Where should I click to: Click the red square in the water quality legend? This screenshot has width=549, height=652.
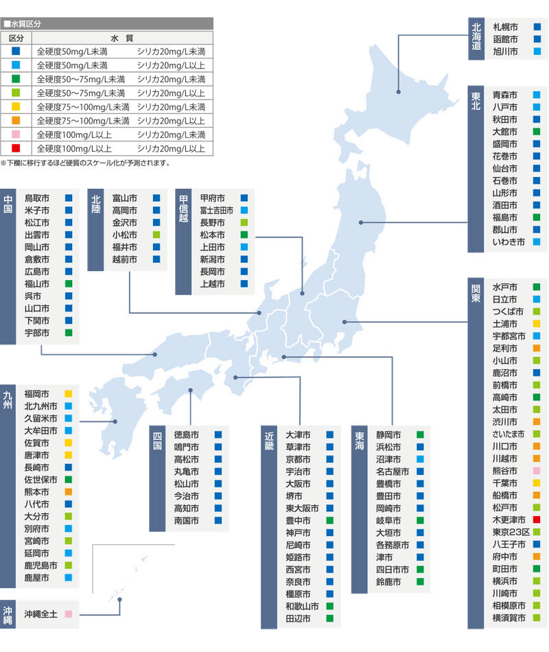16,148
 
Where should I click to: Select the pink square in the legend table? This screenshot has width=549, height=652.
16,135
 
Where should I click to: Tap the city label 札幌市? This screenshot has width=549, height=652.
506,27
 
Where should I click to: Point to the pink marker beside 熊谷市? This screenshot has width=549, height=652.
537,470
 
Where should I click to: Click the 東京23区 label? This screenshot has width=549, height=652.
511,532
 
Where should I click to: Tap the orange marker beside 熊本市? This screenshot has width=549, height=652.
69,492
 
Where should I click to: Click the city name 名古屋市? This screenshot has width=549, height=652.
393,471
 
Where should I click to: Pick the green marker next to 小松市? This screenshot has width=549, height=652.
156,235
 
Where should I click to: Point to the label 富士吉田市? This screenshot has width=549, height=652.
216,210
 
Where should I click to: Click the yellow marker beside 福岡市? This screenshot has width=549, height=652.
69,394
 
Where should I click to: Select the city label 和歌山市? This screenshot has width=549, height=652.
303,607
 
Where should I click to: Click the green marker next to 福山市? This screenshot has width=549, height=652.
69,283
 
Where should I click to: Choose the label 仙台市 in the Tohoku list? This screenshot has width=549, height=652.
505,168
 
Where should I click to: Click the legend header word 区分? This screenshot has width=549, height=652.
16,38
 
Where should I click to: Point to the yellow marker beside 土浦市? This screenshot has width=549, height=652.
537,323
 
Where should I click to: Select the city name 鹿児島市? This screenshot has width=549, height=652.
41,566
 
